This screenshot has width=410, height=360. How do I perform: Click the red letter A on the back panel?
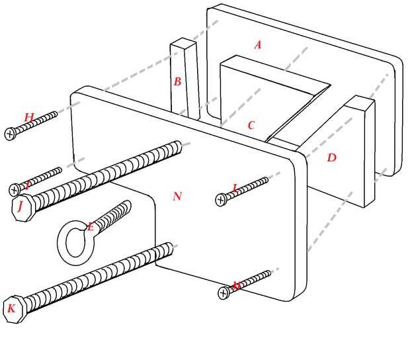coord(258,45)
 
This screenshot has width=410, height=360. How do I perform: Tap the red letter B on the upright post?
coord(177,82)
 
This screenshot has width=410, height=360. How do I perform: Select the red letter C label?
coord(251,125)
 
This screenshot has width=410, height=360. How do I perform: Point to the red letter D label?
coord(331,157)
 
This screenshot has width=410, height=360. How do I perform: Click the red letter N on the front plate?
coord(177,197)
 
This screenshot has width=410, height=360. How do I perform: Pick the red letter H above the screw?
coord(29,118)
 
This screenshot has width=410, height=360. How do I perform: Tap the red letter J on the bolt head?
coord(20,206)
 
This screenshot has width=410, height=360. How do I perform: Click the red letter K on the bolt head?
coord(11,308)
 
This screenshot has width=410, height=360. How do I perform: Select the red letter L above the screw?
coord(235,188)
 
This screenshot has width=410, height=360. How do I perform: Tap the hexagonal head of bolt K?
coord(13,309)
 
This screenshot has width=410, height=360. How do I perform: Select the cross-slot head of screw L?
coord(222,199)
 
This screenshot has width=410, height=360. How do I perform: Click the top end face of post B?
coord(183,44)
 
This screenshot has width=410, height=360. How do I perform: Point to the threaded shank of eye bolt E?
coord(112,215)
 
